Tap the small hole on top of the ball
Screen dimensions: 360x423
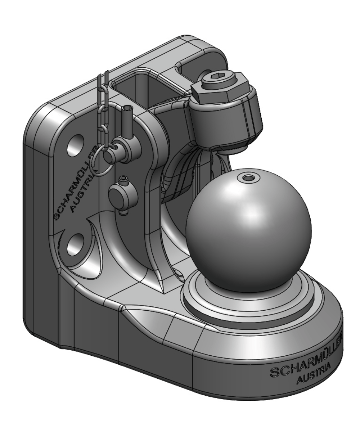(247, 178)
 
